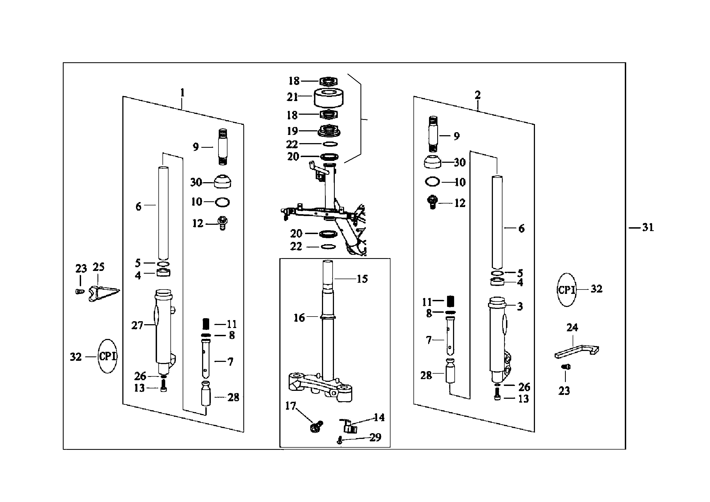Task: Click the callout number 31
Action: click(648, 228)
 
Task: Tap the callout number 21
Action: click(292, 97)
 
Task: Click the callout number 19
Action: click(292, 131)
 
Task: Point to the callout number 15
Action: click(362, 279)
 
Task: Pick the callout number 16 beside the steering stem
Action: click(299, 318)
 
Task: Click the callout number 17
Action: click(290, 406)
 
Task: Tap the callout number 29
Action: click(375, 437)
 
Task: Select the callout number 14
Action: click(379, 418)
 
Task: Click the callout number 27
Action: click(137, 325)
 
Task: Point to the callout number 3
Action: click(520, 306)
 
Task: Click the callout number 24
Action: click(572, 327)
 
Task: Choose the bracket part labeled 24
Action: click(577, 351)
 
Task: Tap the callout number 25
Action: click(99, 267)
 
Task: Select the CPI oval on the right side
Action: click(567, 290)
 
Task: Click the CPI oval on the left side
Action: click(107, 356)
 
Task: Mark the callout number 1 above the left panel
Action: click(182, 93)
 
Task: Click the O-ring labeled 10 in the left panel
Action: click(222, 202)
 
